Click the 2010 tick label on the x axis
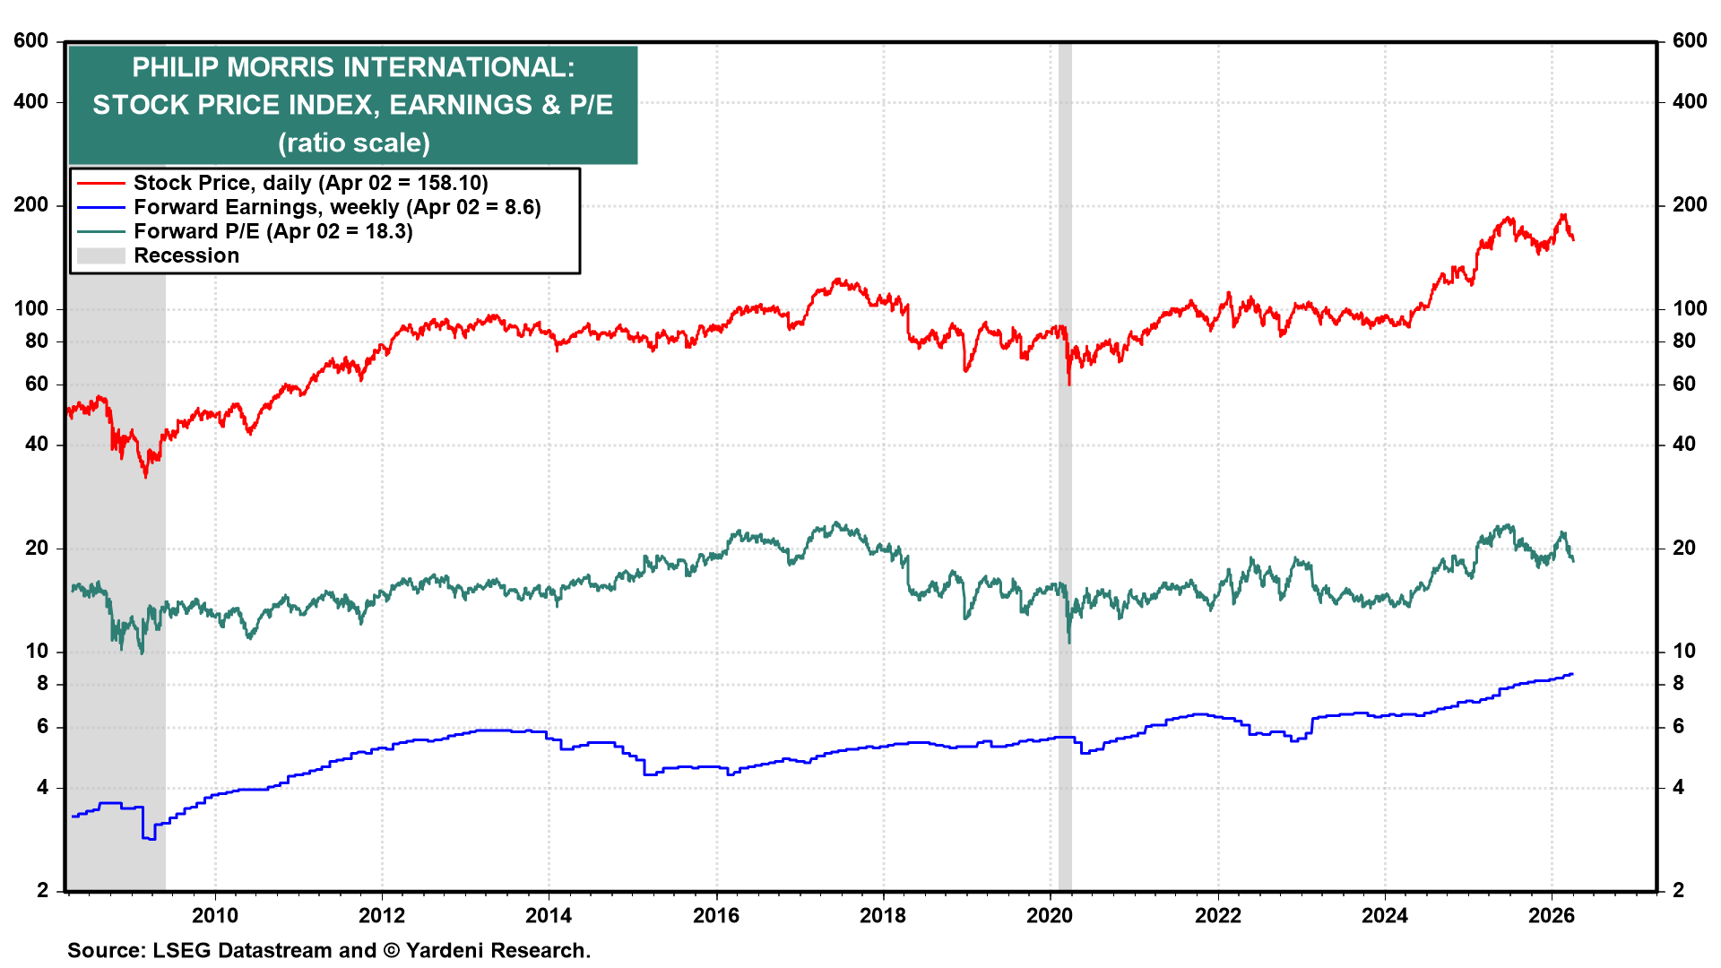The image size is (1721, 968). pos(215,915)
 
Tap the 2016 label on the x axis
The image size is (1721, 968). pos(716,915)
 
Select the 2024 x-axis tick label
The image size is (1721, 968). pos(1385,915)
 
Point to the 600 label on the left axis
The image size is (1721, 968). pos(31,41)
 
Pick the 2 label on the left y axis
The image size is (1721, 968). pos(42,890)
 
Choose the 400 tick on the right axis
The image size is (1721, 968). pos(1690,102)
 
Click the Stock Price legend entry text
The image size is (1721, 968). pos(310,183)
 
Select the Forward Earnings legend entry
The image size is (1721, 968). pos(337,207)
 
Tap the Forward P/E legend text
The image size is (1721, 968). pos(272,231)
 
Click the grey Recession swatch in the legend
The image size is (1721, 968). pos(100,255)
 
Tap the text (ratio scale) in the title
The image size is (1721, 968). pos(353,143)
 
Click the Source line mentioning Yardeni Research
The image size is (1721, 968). pos(329,950)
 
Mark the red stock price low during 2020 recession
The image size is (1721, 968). pos(1069,385)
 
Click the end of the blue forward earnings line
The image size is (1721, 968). pos(1572,674)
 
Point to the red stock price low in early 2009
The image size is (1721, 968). pos(146,476)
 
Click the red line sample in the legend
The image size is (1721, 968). pos(100,183)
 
